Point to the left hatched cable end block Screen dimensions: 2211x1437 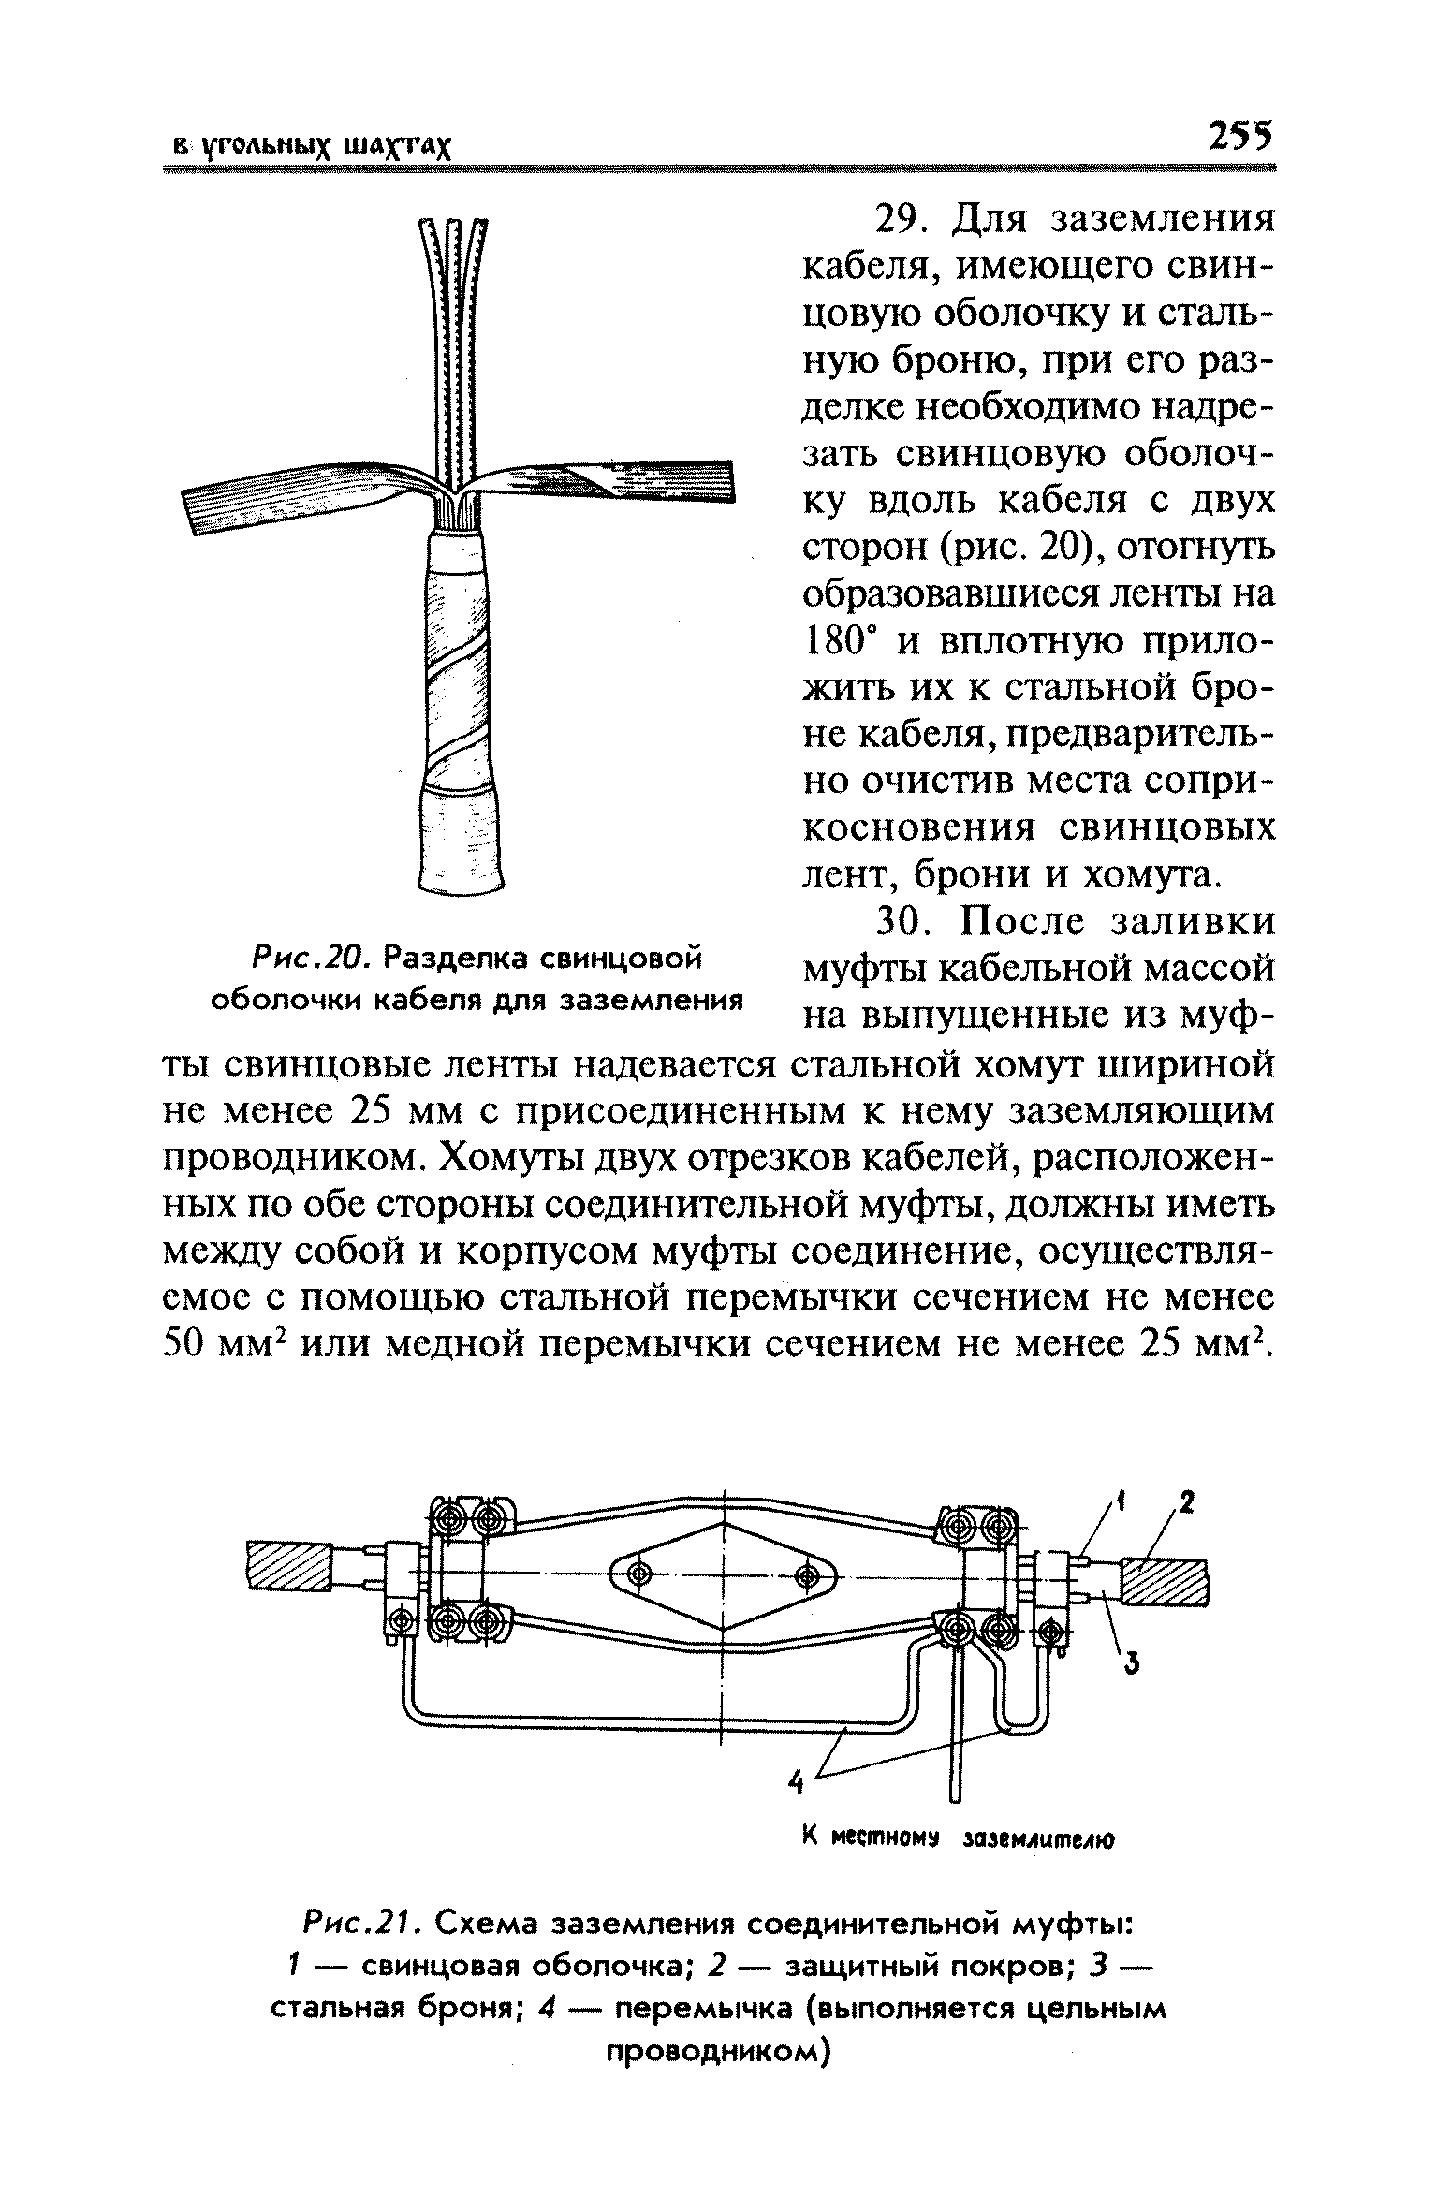288,1565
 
